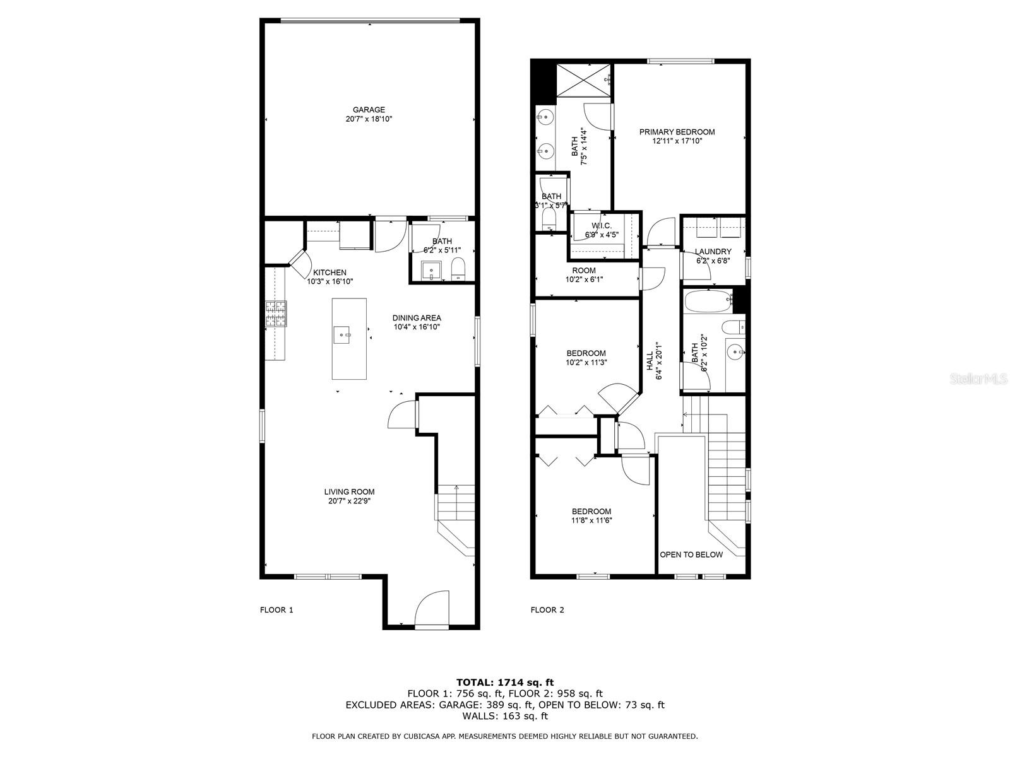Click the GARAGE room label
(369, 109)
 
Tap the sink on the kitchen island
(342, 334)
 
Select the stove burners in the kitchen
(276, 314)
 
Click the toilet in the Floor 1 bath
(458, 269)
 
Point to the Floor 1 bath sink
(432, 270)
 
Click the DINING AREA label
(417, 317)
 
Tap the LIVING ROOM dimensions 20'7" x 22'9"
(349, 500)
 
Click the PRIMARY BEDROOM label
(677, 132)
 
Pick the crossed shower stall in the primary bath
(583, 81)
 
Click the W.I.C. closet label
(602, 226)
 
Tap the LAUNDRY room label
(713, 252)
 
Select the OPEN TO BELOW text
(691, 555)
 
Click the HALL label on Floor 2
(650, 361)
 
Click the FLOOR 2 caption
(547, 610)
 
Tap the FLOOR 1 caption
(276, 610)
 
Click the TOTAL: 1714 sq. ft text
(505, 682)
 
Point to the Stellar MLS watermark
(978, 379)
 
